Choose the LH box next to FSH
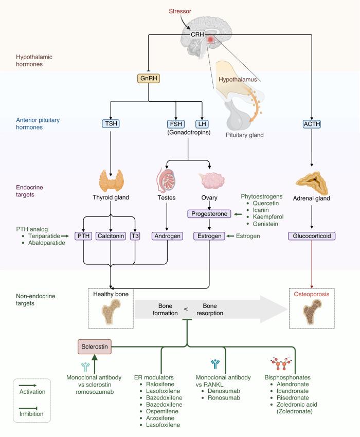click(202, 124)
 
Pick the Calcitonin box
click(111, 236)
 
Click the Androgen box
click(166, 236)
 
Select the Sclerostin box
click(95, 345)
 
